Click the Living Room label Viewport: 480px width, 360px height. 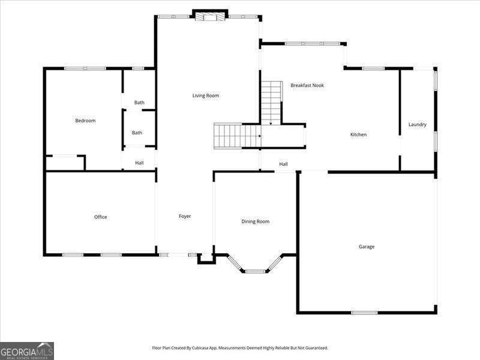click(206, 95)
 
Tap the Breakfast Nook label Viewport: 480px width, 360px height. click(307, 85)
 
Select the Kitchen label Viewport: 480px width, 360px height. click(358, 134)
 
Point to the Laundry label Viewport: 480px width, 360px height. click(418, 125)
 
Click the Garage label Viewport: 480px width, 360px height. click(367, 247)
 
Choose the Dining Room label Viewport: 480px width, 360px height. click(256, 221)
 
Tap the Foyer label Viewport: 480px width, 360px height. click(185, 216)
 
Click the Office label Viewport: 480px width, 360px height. click(101, 217)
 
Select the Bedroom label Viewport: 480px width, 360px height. click(85, 121)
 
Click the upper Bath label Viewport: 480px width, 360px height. click(139, 103)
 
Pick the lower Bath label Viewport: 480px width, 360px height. click(137, 133)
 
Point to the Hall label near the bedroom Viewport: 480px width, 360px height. click(139, 163)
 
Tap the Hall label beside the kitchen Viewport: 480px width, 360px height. click(283, 164)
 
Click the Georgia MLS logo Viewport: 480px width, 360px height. click(27, 350)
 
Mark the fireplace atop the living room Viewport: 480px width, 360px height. click(210, 14)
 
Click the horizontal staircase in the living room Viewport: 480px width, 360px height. click(236, 136)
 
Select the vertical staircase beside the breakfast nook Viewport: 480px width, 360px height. click(271, 103)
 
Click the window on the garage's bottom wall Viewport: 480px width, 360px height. click(364, 313)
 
